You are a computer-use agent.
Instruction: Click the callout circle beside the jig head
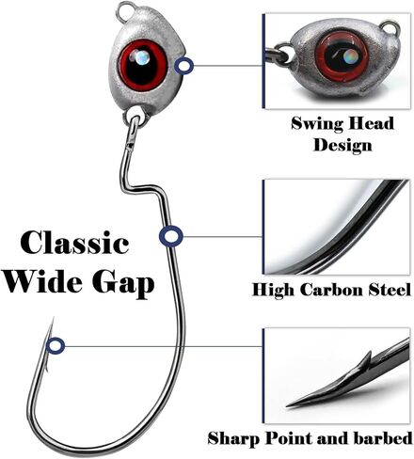tap(183, 66)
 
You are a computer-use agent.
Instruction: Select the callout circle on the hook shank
tap(170, 236)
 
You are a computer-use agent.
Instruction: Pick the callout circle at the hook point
tap(56, 346)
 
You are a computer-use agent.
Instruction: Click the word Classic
tap(74, 243)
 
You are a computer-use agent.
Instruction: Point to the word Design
tap(342, 145)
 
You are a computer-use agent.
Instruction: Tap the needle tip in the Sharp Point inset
tap(287, 406)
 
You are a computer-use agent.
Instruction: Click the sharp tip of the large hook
tap(53, 319)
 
